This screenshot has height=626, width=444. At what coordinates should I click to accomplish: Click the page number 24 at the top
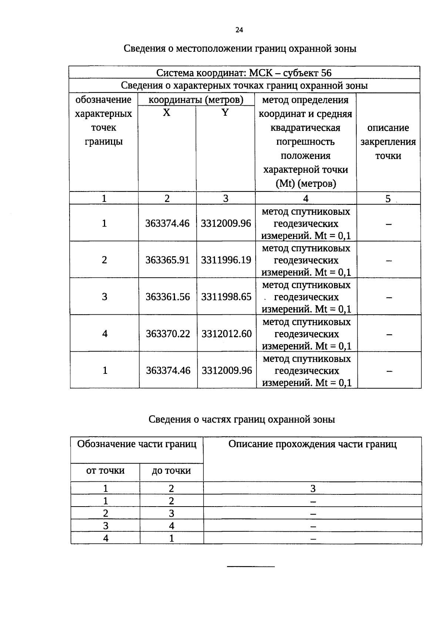point(239,30)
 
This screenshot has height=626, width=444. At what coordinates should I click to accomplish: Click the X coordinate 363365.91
point(167,260)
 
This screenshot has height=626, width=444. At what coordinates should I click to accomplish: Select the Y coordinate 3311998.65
point(226,297)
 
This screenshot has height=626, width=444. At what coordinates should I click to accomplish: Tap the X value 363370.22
point(168,334)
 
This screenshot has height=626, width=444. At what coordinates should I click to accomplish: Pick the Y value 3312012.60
point(226,334)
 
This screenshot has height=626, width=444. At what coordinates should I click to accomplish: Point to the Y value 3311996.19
point(226,260)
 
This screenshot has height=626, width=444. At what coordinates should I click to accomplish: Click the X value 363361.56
point(168,297)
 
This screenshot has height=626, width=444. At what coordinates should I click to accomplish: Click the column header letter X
point(167,113)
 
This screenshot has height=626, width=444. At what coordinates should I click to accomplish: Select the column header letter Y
point(225,113)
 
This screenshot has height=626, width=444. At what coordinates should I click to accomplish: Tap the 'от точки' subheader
point(105,471)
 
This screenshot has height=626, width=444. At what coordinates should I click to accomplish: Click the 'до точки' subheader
point(171,471)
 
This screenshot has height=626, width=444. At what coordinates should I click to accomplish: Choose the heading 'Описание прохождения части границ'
point(312,444)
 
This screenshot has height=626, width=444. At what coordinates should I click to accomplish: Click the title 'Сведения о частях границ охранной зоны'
point(242,419)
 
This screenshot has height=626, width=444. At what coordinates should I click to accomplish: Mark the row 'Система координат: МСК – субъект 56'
point(244,72)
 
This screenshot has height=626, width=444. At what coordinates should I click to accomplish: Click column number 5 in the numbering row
point(388,199)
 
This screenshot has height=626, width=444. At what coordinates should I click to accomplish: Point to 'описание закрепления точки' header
point(388,142)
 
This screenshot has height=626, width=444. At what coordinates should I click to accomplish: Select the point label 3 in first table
point(105,297)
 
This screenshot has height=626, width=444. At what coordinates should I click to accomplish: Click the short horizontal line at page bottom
point(250,566)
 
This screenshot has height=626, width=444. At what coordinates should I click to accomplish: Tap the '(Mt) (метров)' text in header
point(306,184)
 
